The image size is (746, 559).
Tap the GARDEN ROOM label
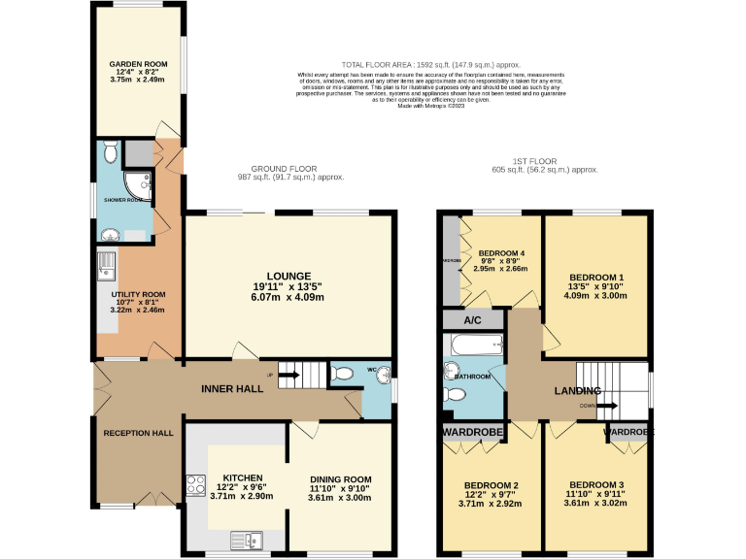click(137, 64)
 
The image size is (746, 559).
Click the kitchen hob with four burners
click(193, 486)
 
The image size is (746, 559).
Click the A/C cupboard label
click(472, 319)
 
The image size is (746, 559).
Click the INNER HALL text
click(232, 389)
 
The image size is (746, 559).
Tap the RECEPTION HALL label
click(138, 433)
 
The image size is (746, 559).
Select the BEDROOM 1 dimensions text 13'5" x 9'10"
click(596, 287)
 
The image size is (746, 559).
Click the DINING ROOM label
click(341, 478)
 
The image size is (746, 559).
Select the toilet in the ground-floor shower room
click(110, 152)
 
